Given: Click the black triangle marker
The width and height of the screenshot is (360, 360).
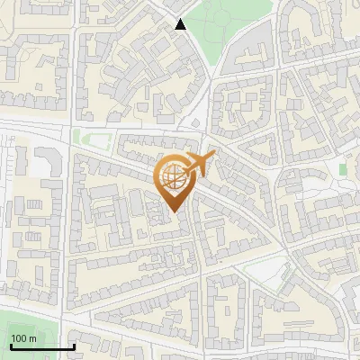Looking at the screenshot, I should (x=181, y=24).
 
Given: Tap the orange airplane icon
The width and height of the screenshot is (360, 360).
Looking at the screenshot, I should (x=199, y=165).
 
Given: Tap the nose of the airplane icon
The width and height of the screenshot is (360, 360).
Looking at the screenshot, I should (x=214, y=155).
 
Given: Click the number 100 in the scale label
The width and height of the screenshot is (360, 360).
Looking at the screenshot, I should (x=20, y=338).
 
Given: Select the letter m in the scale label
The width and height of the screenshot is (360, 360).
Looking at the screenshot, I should (x=32, y=338).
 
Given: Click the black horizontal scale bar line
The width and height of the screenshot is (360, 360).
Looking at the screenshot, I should (x=42, y=346).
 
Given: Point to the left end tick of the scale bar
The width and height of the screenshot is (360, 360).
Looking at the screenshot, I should (x=11, y=345).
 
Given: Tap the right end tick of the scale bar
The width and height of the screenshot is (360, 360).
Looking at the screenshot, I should (x=74, y=345).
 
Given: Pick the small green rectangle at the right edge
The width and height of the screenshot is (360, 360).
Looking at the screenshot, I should (x=343, y=169).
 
